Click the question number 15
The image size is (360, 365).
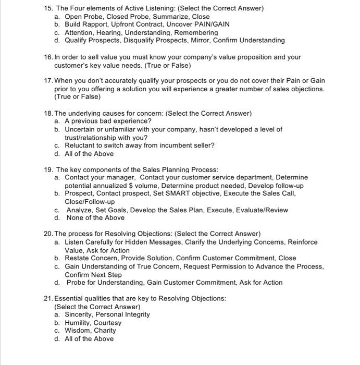(48, 8)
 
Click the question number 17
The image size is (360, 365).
(48, 81)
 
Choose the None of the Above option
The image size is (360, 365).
(95, 218)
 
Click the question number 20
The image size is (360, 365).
(48, 234)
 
